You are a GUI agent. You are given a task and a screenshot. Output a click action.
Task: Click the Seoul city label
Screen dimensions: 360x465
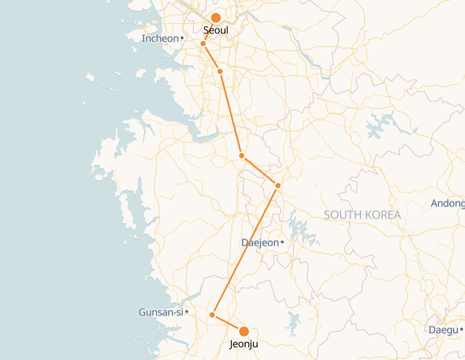pos(216,30)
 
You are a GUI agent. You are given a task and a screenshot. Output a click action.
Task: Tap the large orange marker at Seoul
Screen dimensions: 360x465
pos(216,18)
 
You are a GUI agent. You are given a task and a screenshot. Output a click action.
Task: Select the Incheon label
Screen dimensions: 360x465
pos(160,38)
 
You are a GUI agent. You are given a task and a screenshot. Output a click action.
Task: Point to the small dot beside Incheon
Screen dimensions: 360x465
pos(182,38)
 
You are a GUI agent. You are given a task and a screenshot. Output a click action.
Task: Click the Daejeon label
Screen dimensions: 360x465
pos(259,242)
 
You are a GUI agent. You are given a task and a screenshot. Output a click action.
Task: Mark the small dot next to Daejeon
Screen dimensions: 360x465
pos(282,242)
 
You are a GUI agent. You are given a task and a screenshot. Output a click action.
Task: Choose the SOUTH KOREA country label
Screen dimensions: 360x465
pos(362,215)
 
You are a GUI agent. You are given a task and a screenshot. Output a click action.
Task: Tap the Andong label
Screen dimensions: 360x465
pos(448,203)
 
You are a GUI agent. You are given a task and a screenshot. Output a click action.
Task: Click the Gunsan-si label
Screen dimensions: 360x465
pos(160,312)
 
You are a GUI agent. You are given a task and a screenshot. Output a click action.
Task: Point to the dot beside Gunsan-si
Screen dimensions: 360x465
pos(186,312)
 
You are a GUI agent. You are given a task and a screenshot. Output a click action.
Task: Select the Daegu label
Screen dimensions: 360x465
pos(443,330)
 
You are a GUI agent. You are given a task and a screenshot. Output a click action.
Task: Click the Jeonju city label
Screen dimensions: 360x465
pos(244,344)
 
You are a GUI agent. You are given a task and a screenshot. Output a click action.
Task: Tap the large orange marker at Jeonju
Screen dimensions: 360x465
pos(244,331)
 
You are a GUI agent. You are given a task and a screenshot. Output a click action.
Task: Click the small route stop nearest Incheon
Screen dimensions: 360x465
pos(203,44)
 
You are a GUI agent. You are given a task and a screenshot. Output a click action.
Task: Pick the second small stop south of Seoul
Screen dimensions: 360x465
pos(220,71)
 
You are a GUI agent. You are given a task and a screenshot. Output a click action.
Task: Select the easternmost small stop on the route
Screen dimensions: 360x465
pos(278,185)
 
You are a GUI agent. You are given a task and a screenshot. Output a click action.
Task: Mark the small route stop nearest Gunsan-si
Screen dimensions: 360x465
pos(212,315)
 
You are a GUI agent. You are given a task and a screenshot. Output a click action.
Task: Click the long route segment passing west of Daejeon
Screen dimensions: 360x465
pos(245,250)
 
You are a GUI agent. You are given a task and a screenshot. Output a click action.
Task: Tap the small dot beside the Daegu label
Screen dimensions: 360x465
pos(462,330)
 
